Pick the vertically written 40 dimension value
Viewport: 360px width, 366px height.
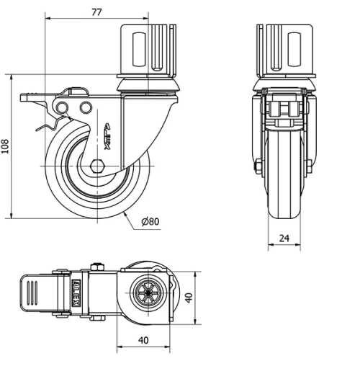click(189, 298)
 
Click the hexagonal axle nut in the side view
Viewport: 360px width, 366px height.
click(98, 165)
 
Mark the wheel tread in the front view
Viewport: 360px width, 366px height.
click(284, 195)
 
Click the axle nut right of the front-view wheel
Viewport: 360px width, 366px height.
click(310, 166)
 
